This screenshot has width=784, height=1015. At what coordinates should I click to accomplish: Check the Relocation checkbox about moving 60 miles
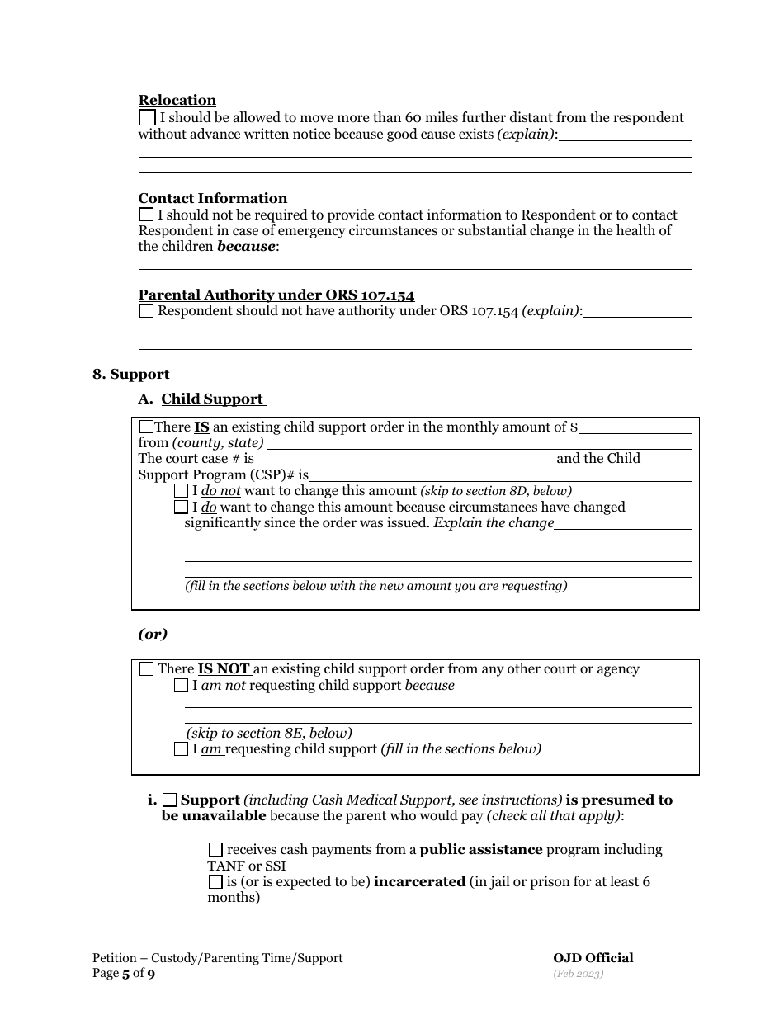point(147,118)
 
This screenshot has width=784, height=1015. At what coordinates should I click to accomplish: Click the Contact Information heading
point(213,198)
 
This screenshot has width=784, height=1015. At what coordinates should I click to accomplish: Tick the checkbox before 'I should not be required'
point(147,215)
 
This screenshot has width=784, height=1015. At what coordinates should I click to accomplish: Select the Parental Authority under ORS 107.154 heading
point(276,295)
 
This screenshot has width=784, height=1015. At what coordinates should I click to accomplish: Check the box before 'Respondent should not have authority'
point(147,311)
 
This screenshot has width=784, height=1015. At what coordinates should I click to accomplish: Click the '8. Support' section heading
point(131,374)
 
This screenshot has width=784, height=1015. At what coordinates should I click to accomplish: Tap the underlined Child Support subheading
point(212,399)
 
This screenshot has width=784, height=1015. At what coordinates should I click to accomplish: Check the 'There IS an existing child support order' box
point(147,427)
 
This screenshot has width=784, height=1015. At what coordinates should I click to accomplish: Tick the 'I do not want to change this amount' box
point(182,491)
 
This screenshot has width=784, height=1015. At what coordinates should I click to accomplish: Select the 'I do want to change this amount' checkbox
point(182,507)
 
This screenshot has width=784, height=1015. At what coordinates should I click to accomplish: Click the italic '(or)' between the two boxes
point(153,634)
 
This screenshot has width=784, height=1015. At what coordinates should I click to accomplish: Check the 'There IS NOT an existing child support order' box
point(147,669)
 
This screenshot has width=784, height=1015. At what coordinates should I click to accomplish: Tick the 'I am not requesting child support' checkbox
point(182,686)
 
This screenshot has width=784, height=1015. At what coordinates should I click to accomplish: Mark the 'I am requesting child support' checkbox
point(182,749)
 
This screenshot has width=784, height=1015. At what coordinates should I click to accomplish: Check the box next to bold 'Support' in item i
point(170,800)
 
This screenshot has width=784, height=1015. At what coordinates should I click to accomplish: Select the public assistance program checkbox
point(216,849)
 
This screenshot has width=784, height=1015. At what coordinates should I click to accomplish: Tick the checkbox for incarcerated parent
point(216,881)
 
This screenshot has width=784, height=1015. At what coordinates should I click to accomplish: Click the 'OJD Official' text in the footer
point(593,958)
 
